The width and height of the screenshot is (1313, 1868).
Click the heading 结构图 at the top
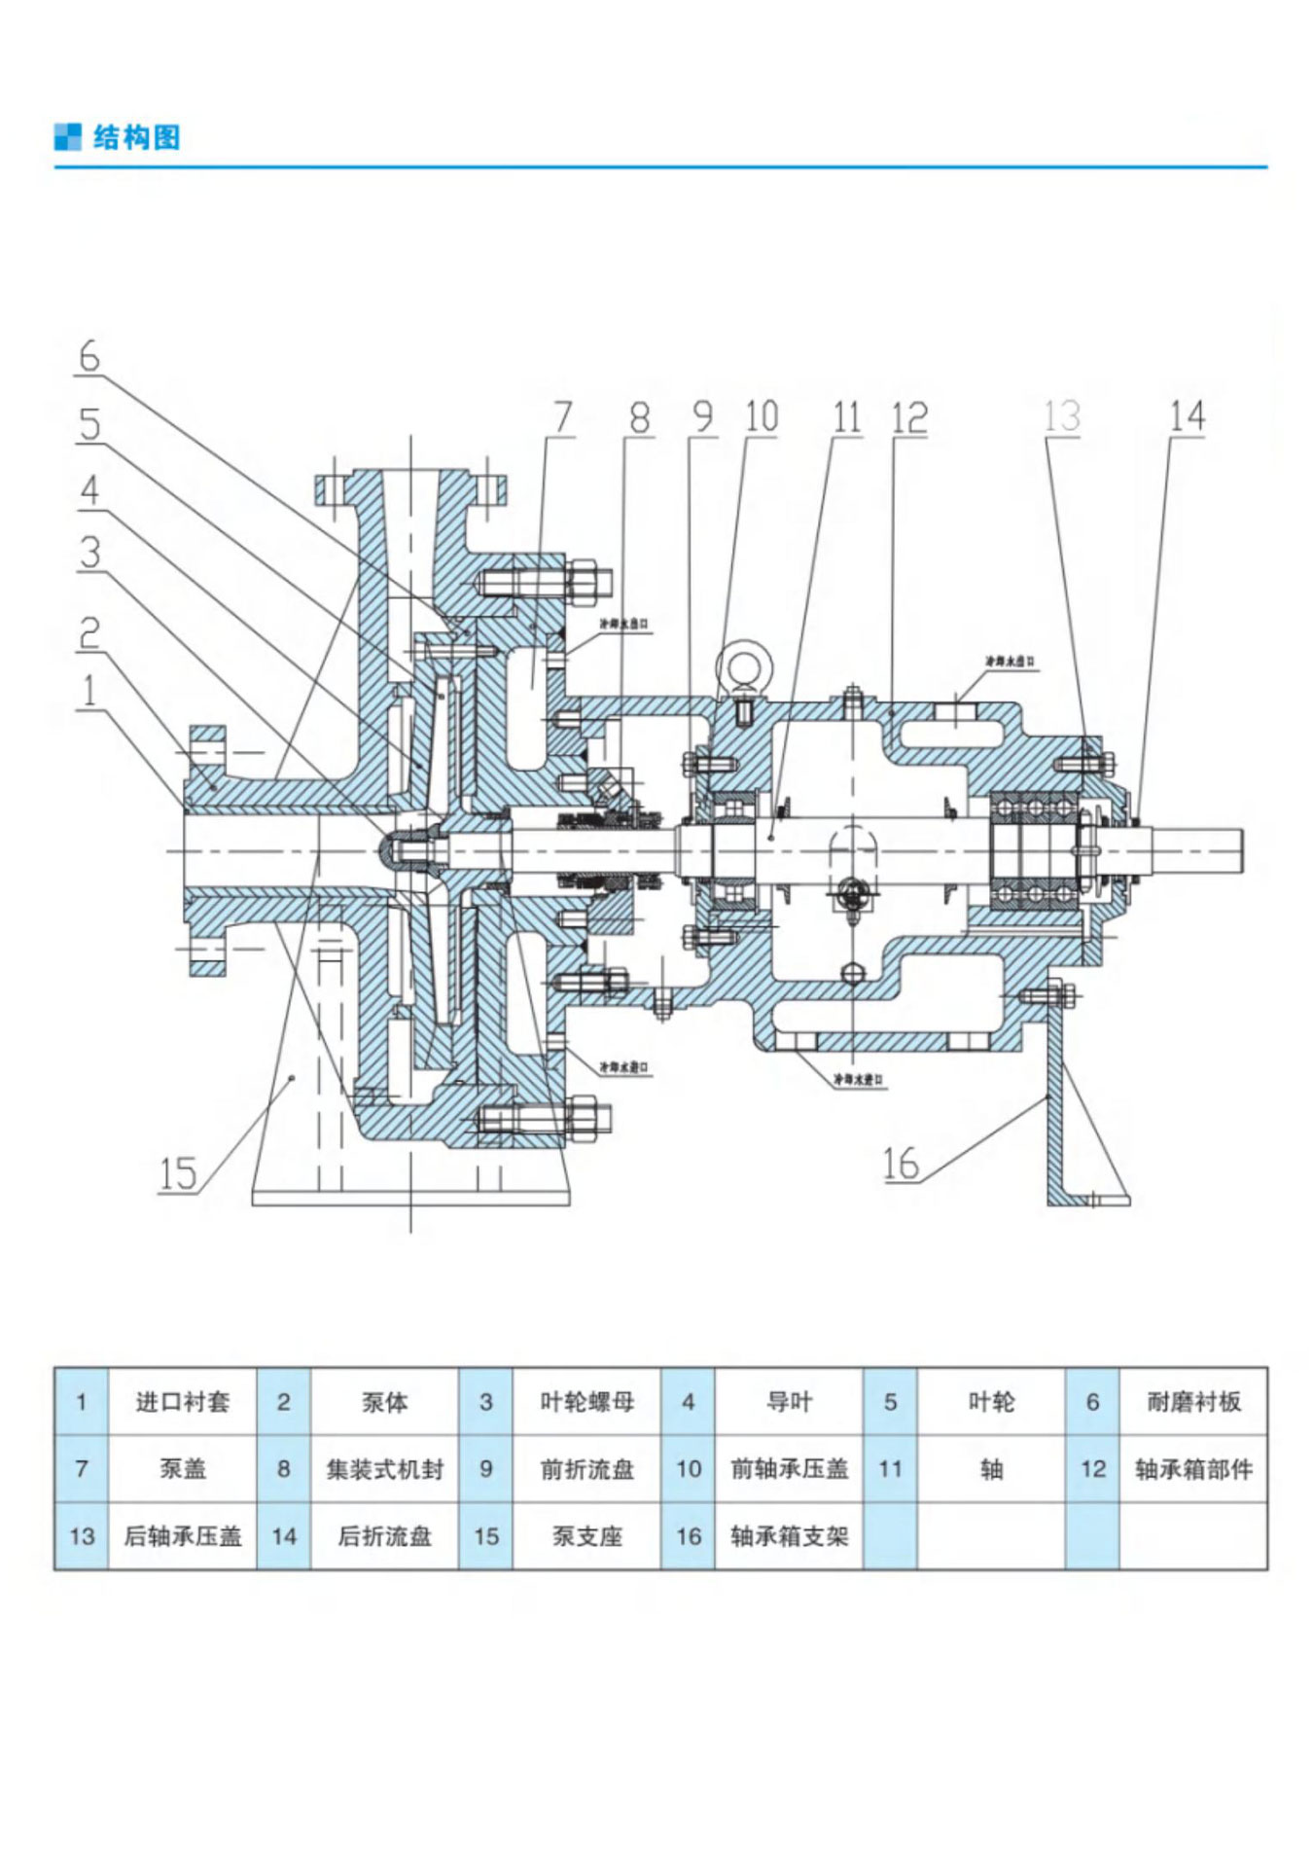coord(136,137)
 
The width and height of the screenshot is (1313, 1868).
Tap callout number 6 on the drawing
coord(89,356)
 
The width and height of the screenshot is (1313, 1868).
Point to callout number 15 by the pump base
coord(178,1173)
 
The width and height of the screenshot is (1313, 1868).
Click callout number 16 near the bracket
coord(901,1164)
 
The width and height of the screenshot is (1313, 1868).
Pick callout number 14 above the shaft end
coord(1187,416)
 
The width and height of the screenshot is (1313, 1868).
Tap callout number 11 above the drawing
coord(847,417)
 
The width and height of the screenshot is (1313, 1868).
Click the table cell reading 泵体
coord(384,1402)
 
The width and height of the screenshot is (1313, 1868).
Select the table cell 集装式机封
coord(384,1469)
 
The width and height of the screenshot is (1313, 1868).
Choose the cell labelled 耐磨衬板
coord(1193,1402)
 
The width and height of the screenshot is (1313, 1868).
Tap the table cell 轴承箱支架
coord(789,1536)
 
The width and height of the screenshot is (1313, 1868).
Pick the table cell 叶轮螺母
coord(586,1402)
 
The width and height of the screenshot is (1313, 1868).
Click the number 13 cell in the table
coord(82,1536)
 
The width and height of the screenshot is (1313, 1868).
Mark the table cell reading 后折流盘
coord(384,1536)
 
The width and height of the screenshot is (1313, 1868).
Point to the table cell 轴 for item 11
coord(991,1469)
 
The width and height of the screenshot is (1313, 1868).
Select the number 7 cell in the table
coord(82,1469)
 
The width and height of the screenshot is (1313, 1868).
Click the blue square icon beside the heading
coord(68,137)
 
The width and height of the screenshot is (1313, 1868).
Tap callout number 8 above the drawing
coord(639,417)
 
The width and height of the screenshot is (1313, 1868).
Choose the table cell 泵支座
coord(586,1536)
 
